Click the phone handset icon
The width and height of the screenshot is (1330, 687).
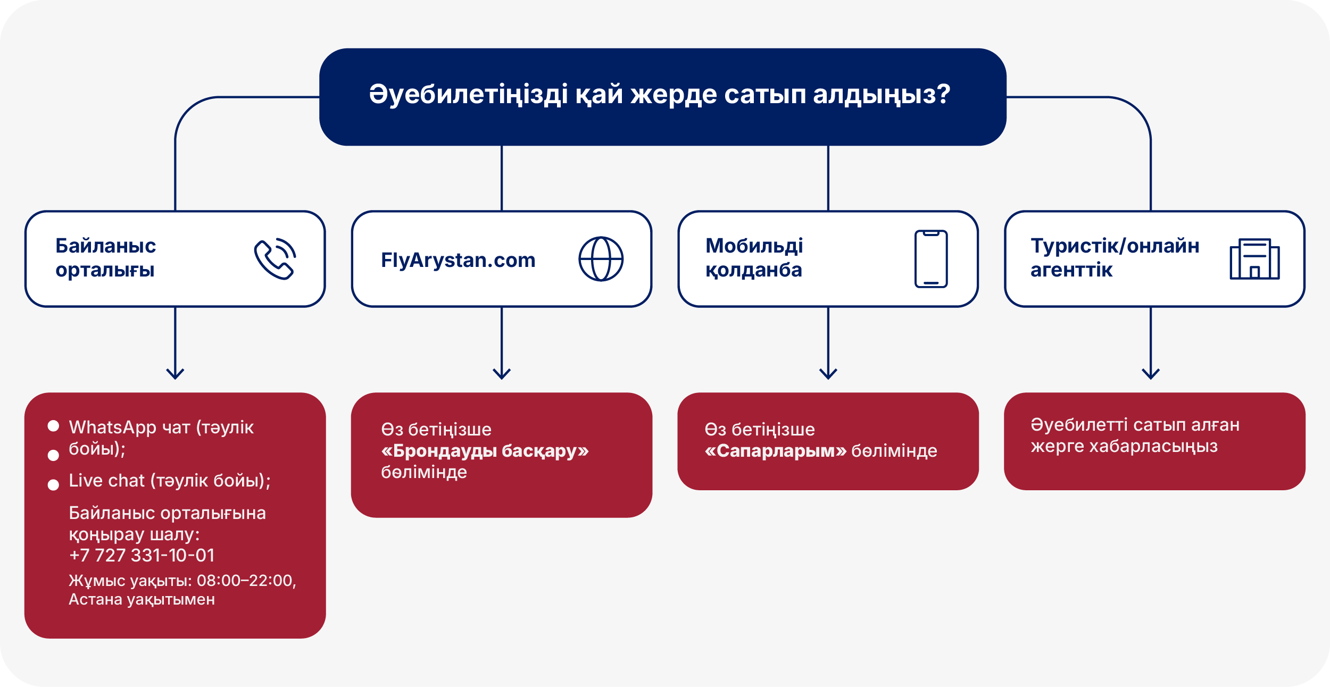coord(275,259)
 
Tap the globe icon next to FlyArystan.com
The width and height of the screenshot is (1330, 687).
coord(601,259)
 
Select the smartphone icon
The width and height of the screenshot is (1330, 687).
coord(930,259)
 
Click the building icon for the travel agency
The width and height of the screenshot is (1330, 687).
coord(1254,259)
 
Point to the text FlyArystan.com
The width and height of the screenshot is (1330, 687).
coord(458,260)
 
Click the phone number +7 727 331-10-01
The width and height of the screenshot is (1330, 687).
coord(142,555)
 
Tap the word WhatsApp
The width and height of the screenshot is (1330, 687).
coord(112,427)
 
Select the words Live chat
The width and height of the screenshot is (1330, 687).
coord(106,480)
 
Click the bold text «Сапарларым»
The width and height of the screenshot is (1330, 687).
coord(775,451)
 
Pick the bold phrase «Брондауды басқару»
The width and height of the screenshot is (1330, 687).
coord(485,451)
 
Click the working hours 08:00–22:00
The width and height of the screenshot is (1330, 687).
coord(245,580)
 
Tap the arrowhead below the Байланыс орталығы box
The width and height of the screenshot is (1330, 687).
coord(175,373)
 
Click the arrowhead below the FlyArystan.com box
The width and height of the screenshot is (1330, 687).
coord(502,373)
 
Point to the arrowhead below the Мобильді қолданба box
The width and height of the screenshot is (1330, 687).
coord(828,373)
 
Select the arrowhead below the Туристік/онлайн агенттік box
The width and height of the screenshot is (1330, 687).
coord(1151,373)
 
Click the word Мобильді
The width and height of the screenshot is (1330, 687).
coord(754,246)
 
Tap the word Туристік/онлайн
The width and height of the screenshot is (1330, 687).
coord(1115,246)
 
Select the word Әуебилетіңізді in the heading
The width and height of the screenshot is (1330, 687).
coord(468,95)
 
